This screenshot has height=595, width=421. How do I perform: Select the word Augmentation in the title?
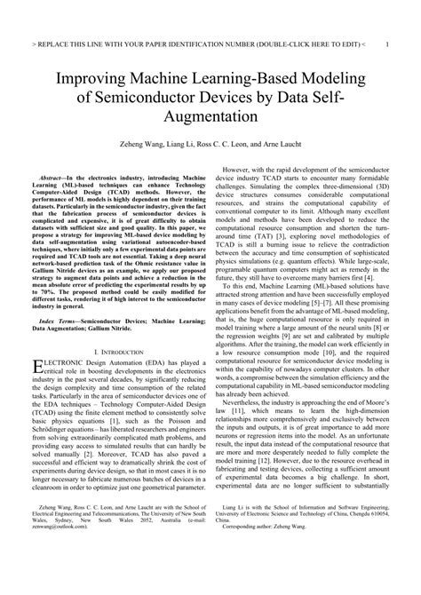click(x=210, y=115)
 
